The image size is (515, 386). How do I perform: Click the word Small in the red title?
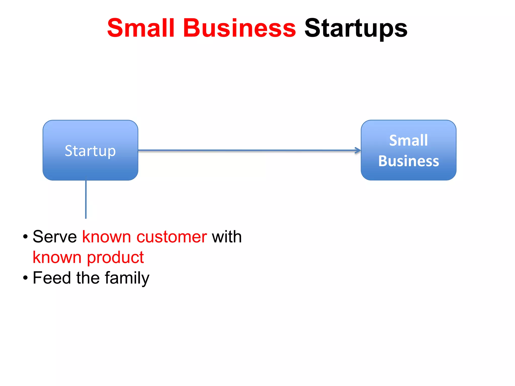tap(141, 28)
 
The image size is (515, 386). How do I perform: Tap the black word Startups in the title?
tap(356, 29)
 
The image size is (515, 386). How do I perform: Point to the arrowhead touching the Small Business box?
tap(358, 151)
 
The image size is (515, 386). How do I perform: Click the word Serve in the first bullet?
tap(55, 237)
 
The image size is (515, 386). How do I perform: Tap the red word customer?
tap(171, 237)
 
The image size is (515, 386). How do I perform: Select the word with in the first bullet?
tap(227, 237)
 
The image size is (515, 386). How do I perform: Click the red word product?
tap(115, 258)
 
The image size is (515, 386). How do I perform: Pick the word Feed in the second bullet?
tap(52, 278)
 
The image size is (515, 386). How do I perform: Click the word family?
tap(127, 278)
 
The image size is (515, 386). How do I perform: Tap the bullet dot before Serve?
tap(25, 237)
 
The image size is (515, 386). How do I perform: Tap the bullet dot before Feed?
tap(25, 278)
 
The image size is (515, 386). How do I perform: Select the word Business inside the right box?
tap(408, 161)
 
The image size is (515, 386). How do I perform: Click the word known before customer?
tap(107, 237)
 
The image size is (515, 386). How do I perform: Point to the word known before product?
tap(57, 257)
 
